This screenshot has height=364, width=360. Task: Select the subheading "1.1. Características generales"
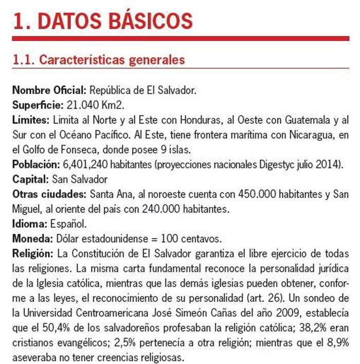click(x=98, y=60)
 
